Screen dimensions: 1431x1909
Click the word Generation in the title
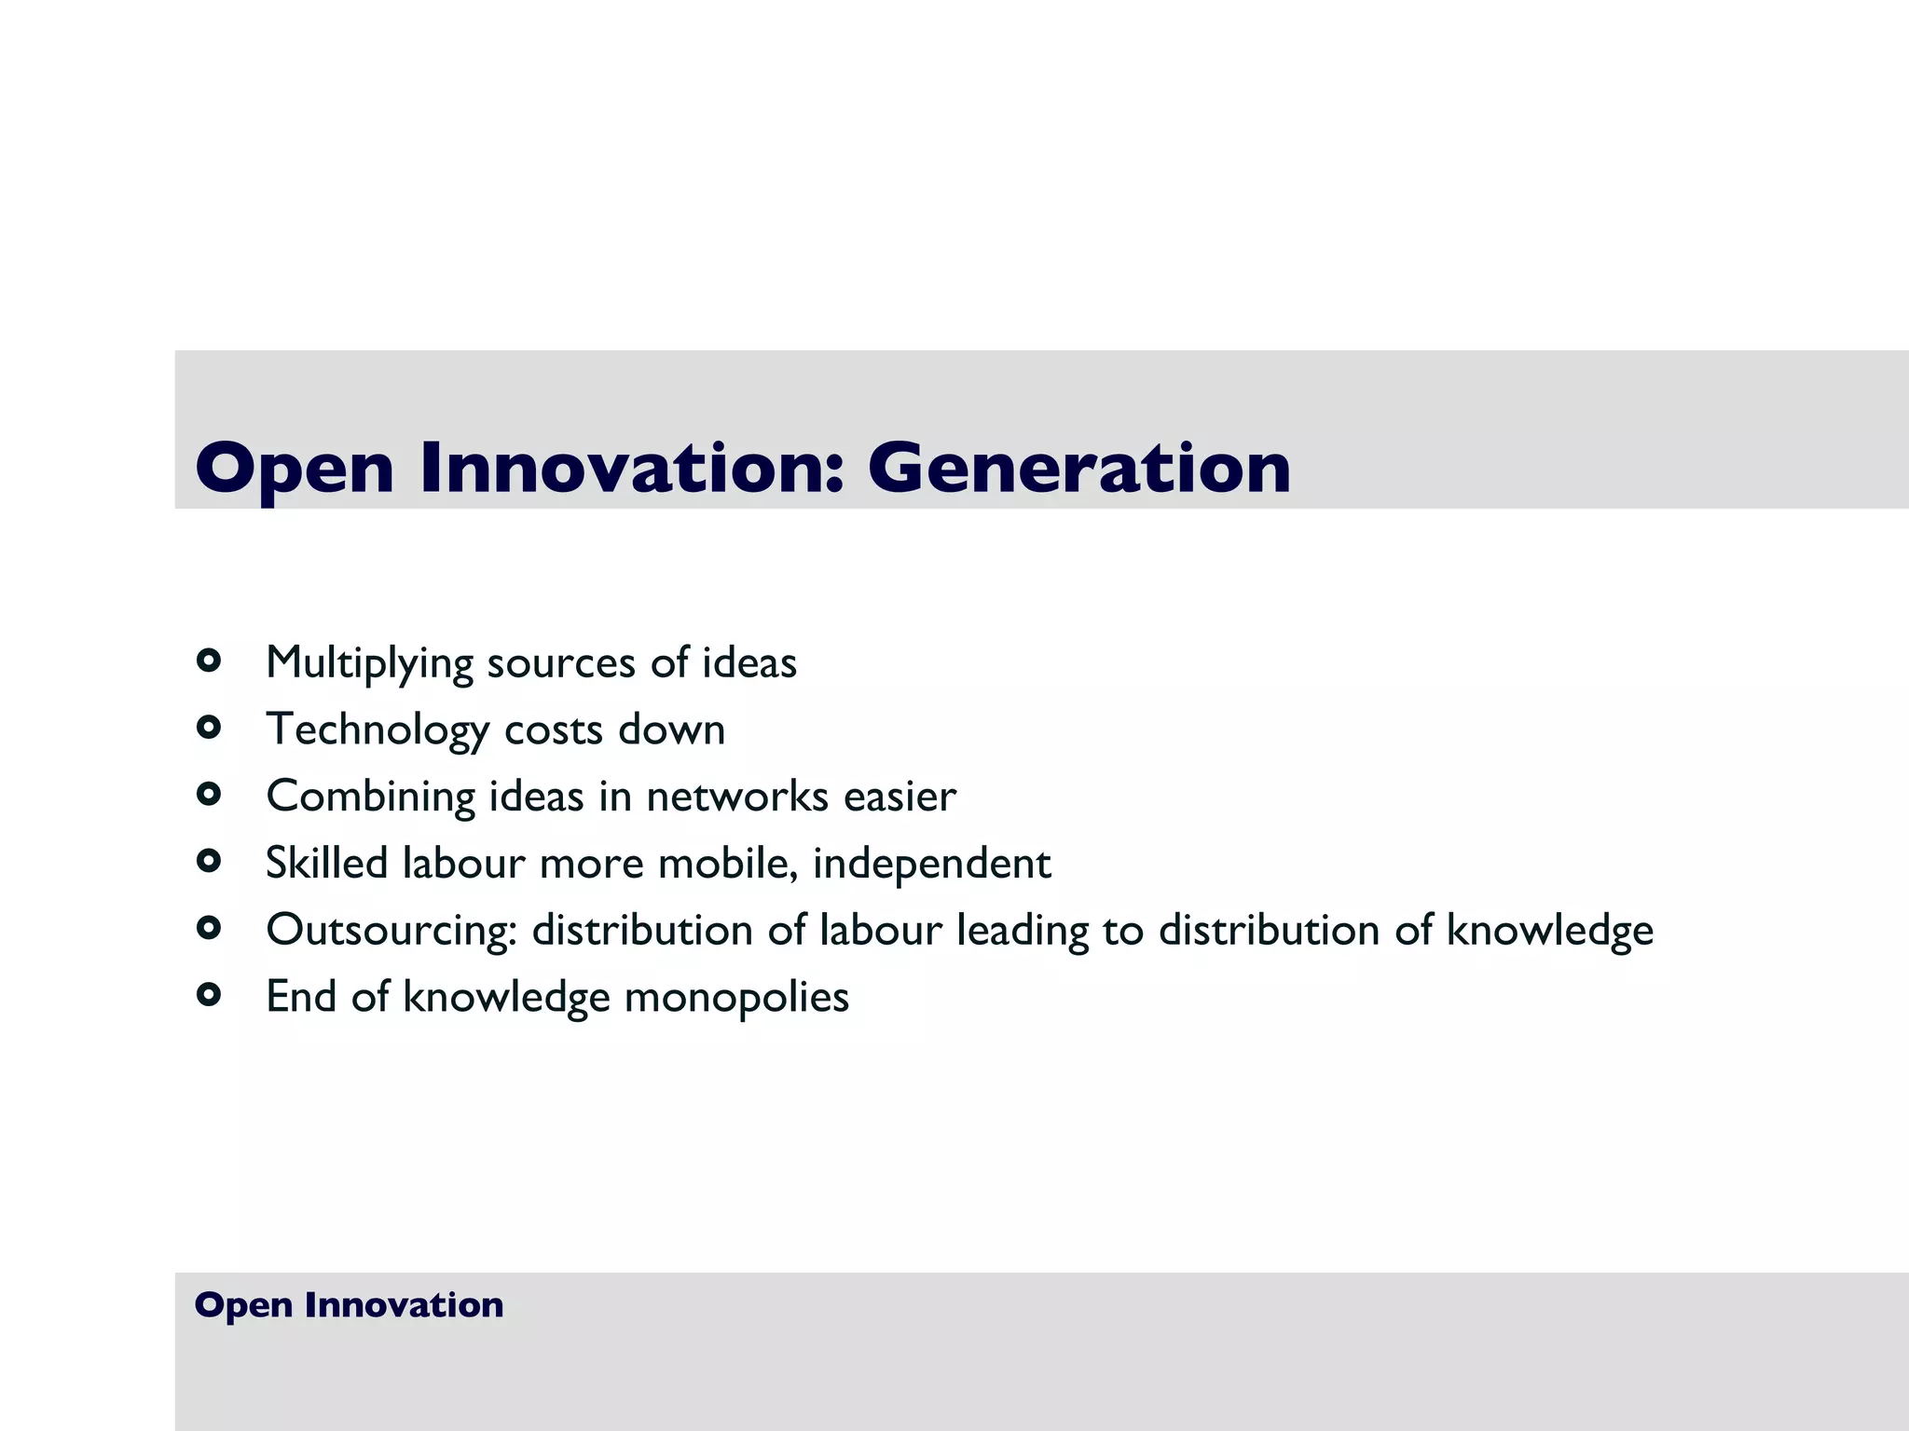tap(1078, 468)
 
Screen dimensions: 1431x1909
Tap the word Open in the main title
tap(294, 470)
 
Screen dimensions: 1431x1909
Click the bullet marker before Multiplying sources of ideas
tap(209, 661)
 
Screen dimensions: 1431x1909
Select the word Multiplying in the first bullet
tap(369, 664)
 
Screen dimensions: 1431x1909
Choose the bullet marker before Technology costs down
tap(209, 728)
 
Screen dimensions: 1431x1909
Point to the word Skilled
tap(326, 863)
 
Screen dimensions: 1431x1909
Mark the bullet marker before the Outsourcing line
tap(209, 928)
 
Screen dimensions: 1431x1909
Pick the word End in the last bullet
tap(301, 997)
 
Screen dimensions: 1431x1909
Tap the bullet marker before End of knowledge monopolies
tap(209, 995)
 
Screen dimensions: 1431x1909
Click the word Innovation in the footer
tap(404, 1305)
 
